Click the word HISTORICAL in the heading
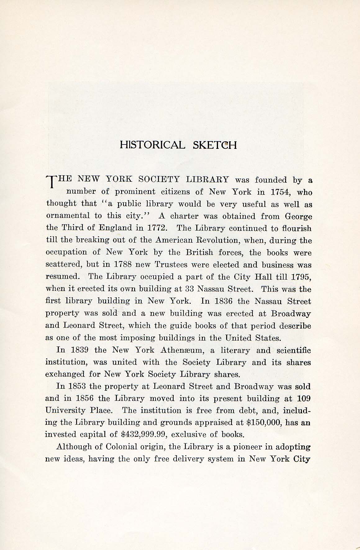click(152, 145)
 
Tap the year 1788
click(124, 265)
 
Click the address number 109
click(304, 399)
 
